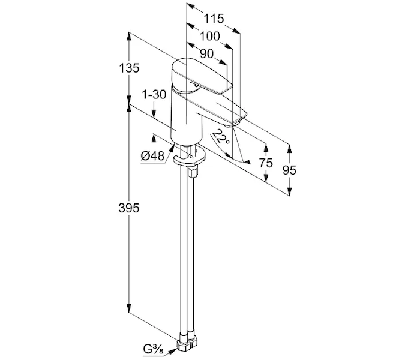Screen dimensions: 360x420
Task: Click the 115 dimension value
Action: point(213,19)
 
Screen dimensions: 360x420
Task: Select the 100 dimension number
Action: point(208,36)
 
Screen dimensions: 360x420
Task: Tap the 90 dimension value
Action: point(207,53)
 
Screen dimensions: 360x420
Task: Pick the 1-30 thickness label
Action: point(154,95)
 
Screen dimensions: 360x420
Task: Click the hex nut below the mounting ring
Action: point(193,172)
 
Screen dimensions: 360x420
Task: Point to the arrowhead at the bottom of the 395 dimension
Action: point(129,308)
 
